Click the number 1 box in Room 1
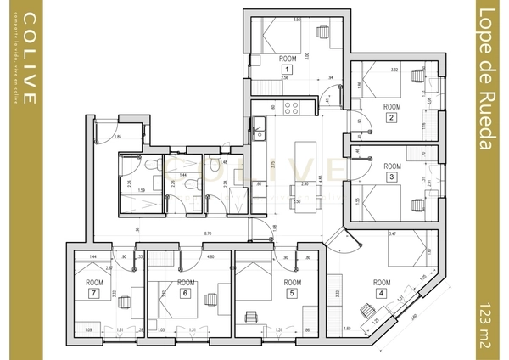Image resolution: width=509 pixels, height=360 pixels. tap(288, 68)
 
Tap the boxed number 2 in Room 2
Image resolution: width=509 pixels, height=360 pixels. tap(391, 117)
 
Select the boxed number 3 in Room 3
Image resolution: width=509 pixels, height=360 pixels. tap(391, 177)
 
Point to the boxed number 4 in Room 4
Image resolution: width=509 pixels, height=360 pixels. tap(381, 293)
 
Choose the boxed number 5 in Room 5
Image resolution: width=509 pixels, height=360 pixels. tap(292, 293)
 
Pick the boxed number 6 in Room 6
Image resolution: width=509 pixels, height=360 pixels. tap(185, 293)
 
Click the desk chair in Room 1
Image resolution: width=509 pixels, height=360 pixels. tap(323, 31)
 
